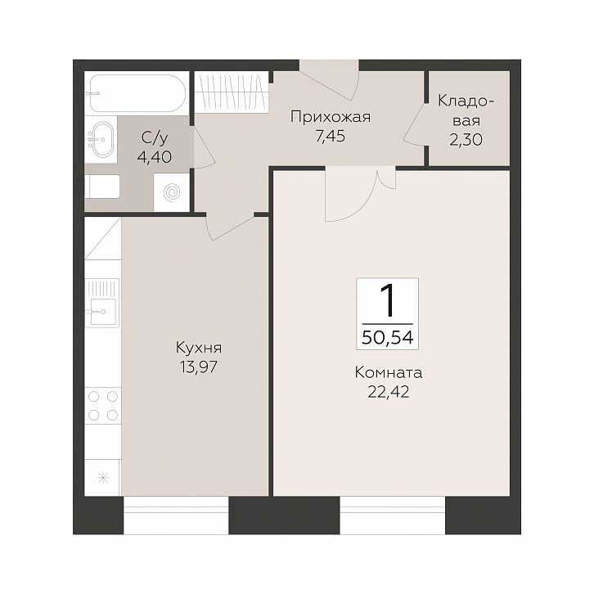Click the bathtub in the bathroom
[137, 92]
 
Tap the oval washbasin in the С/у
[103, 139]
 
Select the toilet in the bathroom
[102, 187]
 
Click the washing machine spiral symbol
[172, 192]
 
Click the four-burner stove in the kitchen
[102, 406]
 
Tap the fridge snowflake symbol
[102, 477]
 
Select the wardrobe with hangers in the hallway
[232, 92]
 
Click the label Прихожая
[331, 117]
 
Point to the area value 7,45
[331, 136]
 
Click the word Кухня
[199, 348]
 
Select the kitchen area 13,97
[199, 367]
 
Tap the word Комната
[389, 373]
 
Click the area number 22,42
[389, 392]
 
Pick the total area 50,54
[388, 337]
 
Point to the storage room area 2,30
[466, 139]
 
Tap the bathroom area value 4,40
[155, 157]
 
